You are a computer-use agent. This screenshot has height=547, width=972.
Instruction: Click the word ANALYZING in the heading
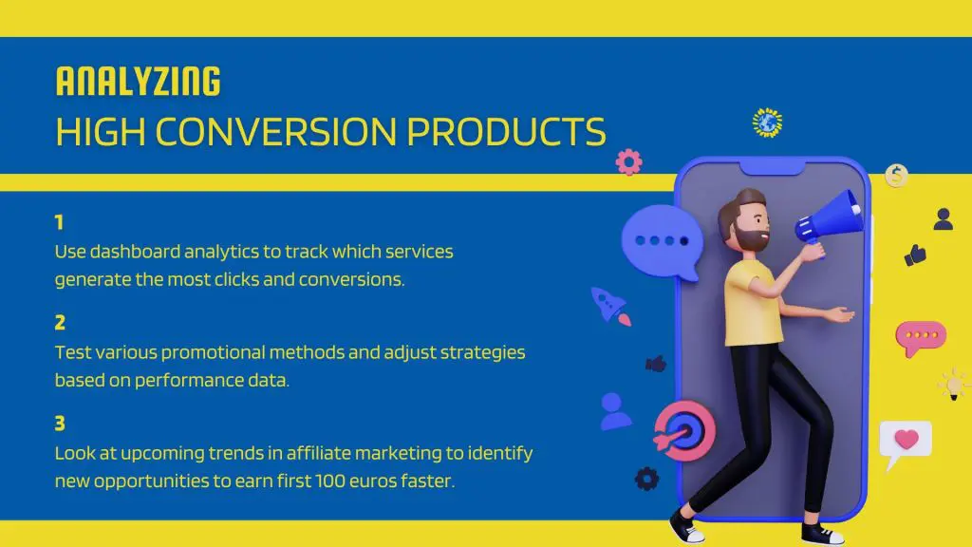click(x=138, y=82)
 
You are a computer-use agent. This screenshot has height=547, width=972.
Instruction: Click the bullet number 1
click(x=59, y=223)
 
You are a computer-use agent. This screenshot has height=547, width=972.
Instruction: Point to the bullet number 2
click(x=60, y=324)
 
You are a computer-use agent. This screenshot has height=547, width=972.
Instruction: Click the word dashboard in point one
click(x=131, y=253)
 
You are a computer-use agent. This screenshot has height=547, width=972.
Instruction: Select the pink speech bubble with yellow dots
click(x=920, y=337)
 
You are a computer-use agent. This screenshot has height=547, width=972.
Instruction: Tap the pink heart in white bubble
click(x=906, y=441)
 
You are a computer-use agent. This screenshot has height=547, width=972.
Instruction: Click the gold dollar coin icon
click(x=896, y=176)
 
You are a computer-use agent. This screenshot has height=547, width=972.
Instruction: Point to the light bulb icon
click(x=951, y=385)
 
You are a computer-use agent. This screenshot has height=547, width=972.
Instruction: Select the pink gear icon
click(x=628, y=161)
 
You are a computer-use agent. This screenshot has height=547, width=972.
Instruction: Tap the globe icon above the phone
click(x=767, y=123)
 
